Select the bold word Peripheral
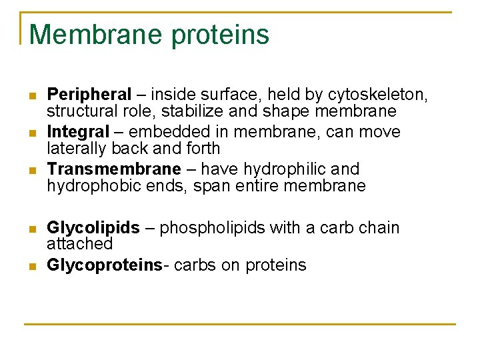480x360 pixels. (x=89, y=95)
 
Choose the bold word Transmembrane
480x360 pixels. (x=114, y=169)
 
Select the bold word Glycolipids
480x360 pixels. (x=93, y=228)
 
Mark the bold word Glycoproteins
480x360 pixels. (x=105, y=265)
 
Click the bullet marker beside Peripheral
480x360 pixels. (x=31, y=96)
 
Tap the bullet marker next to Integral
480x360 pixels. (x=31, y=133)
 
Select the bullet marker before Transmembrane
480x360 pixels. (x=31, y=171)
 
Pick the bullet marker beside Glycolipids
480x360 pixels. (x=31, y=229)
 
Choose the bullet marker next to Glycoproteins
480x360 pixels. (x=31, y=267)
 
